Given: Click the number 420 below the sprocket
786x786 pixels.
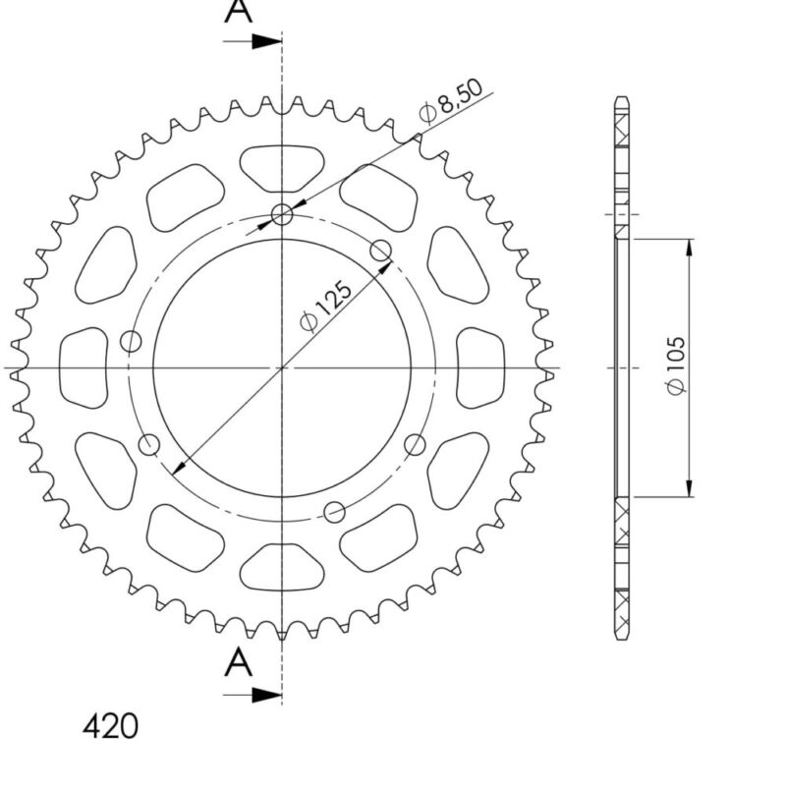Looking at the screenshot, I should tap(109, 727).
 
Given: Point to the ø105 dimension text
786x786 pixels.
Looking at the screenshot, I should tap(676, 366).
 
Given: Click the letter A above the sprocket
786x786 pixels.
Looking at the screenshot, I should tap(237, 12).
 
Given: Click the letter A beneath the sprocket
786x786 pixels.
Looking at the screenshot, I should tap(237, 664).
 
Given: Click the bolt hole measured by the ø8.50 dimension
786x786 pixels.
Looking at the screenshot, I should tap(283, 215).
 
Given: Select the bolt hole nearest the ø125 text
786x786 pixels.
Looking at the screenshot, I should tap(381, 251).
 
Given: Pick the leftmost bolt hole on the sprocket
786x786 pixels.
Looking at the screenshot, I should tap(131, 342).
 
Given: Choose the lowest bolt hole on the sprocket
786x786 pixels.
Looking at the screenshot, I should tap(335, 511).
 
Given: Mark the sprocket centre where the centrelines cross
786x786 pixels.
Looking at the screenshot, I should tap(283, 367).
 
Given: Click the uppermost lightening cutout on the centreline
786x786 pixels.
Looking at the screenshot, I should tap(282, 167).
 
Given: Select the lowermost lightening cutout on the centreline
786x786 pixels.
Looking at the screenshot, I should tap(282, 567).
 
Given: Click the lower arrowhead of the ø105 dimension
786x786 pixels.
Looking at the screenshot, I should tap(690, 489).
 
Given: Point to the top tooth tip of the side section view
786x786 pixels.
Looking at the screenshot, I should tap(621, 99).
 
